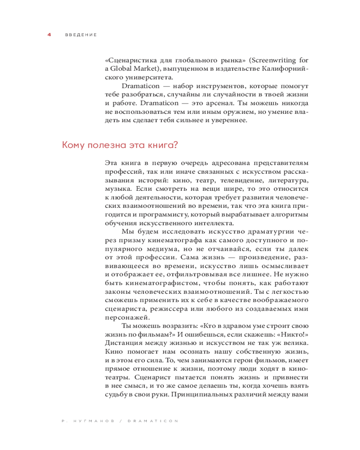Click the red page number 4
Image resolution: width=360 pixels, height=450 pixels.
point(49,35)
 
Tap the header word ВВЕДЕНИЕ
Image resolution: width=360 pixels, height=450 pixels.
point(81,35)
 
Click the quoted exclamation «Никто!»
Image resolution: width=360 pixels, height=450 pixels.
point(292,333)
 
